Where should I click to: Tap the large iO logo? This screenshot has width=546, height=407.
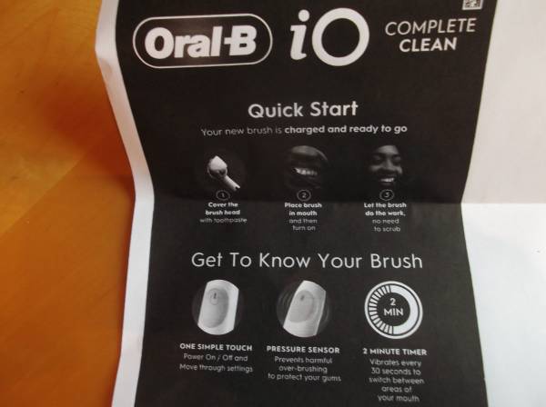click(329, 38)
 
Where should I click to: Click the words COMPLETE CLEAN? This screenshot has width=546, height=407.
click(430, 35)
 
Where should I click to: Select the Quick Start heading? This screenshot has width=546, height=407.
click(303, 110)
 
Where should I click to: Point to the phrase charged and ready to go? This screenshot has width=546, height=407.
click(346, 129)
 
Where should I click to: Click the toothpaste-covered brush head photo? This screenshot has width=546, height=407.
click(223, 170)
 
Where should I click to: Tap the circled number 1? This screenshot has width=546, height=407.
click(223, 194)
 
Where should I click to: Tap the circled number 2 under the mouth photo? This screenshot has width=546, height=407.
click(303, 195)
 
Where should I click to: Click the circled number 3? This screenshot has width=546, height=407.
click(385, 195)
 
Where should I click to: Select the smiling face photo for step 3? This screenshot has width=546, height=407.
click(385, 166)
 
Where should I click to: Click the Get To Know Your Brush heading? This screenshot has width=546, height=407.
click(307, 261)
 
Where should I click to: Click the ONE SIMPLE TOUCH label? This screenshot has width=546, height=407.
click(216, 347)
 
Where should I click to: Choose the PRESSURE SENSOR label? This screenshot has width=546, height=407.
click(303, 349)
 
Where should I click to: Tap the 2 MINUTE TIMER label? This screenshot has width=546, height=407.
click(395, 352)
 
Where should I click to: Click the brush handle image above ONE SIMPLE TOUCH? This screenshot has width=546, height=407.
click(217, 307)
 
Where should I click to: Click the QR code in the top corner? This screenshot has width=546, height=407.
click(473, 5)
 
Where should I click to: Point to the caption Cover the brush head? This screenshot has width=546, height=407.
click(223, 209)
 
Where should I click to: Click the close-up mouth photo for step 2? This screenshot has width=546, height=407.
click(303, 168)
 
